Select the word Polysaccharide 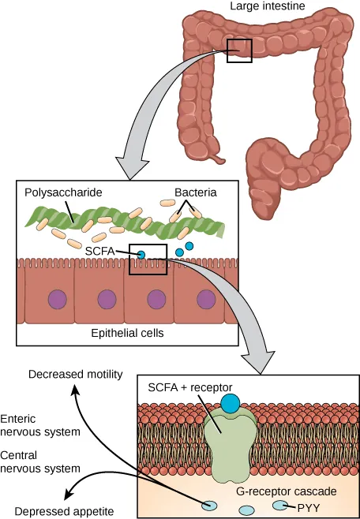pyautogui.click(x=63, y=192)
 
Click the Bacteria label pyautogui.click(x=195, y=192)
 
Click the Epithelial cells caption pyautogui.click(x=126, y=333)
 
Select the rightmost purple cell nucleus pyautogui.click(x=206, y=299)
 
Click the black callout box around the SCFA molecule pyautogui.click(x=148, y=259)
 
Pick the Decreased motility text pyautogui.click(x=76, y=374)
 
